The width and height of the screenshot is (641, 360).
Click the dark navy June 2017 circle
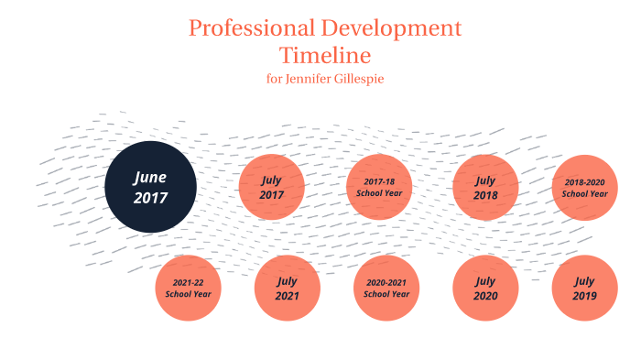coord(150,187)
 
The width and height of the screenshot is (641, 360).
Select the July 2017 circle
coord(271,187)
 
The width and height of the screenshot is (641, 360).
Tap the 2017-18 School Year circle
coord(379,187)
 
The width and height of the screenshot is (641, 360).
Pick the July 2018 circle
coord(485,187)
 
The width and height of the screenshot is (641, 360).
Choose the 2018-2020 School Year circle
coord(584,187)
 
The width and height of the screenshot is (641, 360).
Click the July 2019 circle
coord(584,288)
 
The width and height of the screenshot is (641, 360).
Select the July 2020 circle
coord(485,288)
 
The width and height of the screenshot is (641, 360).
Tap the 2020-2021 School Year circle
coord(386,288)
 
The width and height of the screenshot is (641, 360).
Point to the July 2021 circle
coord(287,288)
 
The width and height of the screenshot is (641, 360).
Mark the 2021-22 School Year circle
coord(188,288)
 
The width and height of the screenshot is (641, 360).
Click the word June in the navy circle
coord(150,177)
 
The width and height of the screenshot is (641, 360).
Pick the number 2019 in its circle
coord(584,296)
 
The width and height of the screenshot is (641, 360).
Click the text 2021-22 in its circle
coord(188,282)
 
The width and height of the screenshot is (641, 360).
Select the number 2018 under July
coord(485,195)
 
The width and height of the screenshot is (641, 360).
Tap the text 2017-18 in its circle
coord(379,181)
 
